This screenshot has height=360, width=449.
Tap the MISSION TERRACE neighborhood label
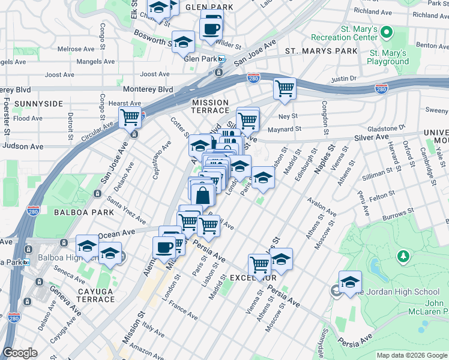click(x=210, y=106)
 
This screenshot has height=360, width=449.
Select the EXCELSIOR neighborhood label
click(x=253, y=278)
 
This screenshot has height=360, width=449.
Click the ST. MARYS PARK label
click(x=321, y=51)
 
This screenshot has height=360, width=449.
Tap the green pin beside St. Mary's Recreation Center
click(x=387, y=31)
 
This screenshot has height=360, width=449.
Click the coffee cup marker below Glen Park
click(x=211, y=28)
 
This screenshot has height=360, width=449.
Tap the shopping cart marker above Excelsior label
click(x=259, y=263)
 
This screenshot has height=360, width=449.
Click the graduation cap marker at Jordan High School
click(x=350, y=281)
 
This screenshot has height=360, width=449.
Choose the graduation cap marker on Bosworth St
click(x=183, y=42)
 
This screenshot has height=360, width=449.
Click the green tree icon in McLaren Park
click(x=405, y=257)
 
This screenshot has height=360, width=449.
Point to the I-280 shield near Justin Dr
click(x=381, y=89)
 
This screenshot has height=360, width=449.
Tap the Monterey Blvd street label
click(x=148, y=89)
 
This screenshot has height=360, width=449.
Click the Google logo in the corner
click(x=20, y=353)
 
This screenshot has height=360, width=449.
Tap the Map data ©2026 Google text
click(x=411, y=355)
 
